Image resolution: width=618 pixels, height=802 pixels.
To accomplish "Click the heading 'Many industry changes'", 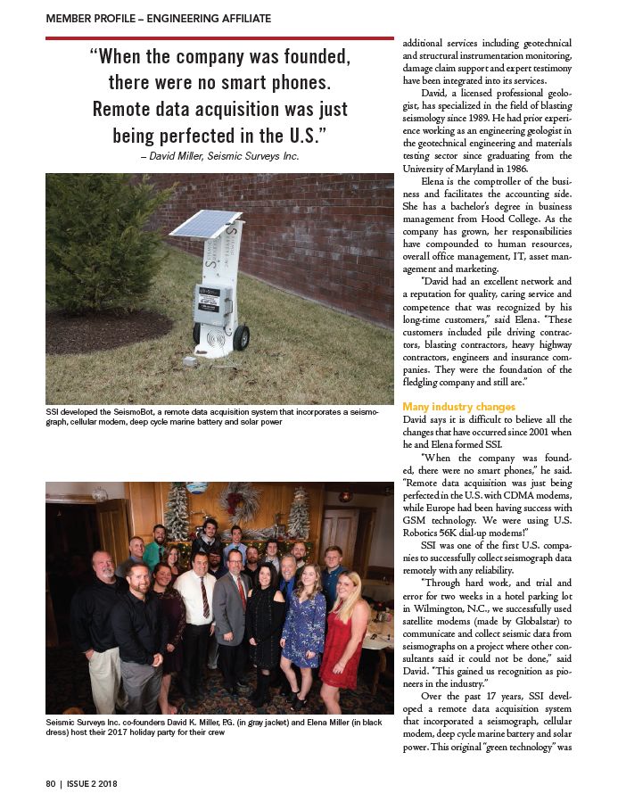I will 458,407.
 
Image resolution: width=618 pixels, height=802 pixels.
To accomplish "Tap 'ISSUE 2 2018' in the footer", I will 93,784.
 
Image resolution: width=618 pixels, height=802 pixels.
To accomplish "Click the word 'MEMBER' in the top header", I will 70,18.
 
